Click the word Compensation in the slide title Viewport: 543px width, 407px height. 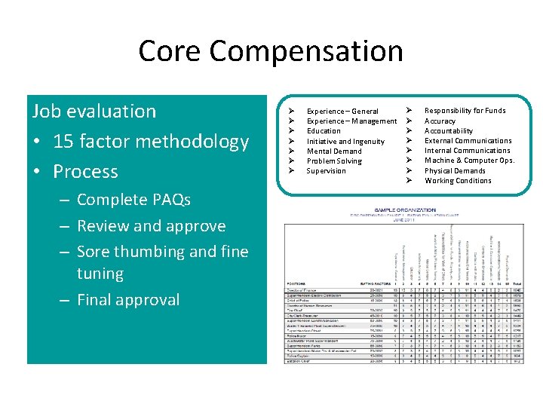point(306,51)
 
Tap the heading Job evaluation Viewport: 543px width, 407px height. point(94,111)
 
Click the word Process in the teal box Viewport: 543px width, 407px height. point(85,172)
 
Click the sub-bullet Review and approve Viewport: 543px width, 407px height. point(151,226)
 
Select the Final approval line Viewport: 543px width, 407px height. point(128,299)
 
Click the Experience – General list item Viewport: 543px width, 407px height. point(342,111)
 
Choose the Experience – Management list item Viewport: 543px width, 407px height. point(351,121)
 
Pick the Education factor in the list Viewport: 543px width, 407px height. point(324,130)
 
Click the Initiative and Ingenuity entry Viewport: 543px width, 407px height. point(345,141)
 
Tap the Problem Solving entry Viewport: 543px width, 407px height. point(334,161)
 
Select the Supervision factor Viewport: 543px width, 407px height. point(326,170)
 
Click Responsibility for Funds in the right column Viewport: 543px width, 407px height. point(465,110)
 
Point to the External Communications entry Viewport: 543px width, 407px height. point(468,140)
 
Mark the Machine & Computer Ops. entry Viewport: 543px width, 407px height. point(469,161)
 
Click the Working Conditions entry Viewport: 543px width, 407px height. point(458,180)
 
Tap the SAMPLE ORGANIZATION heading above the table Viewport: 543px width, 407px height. point(405,210)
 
